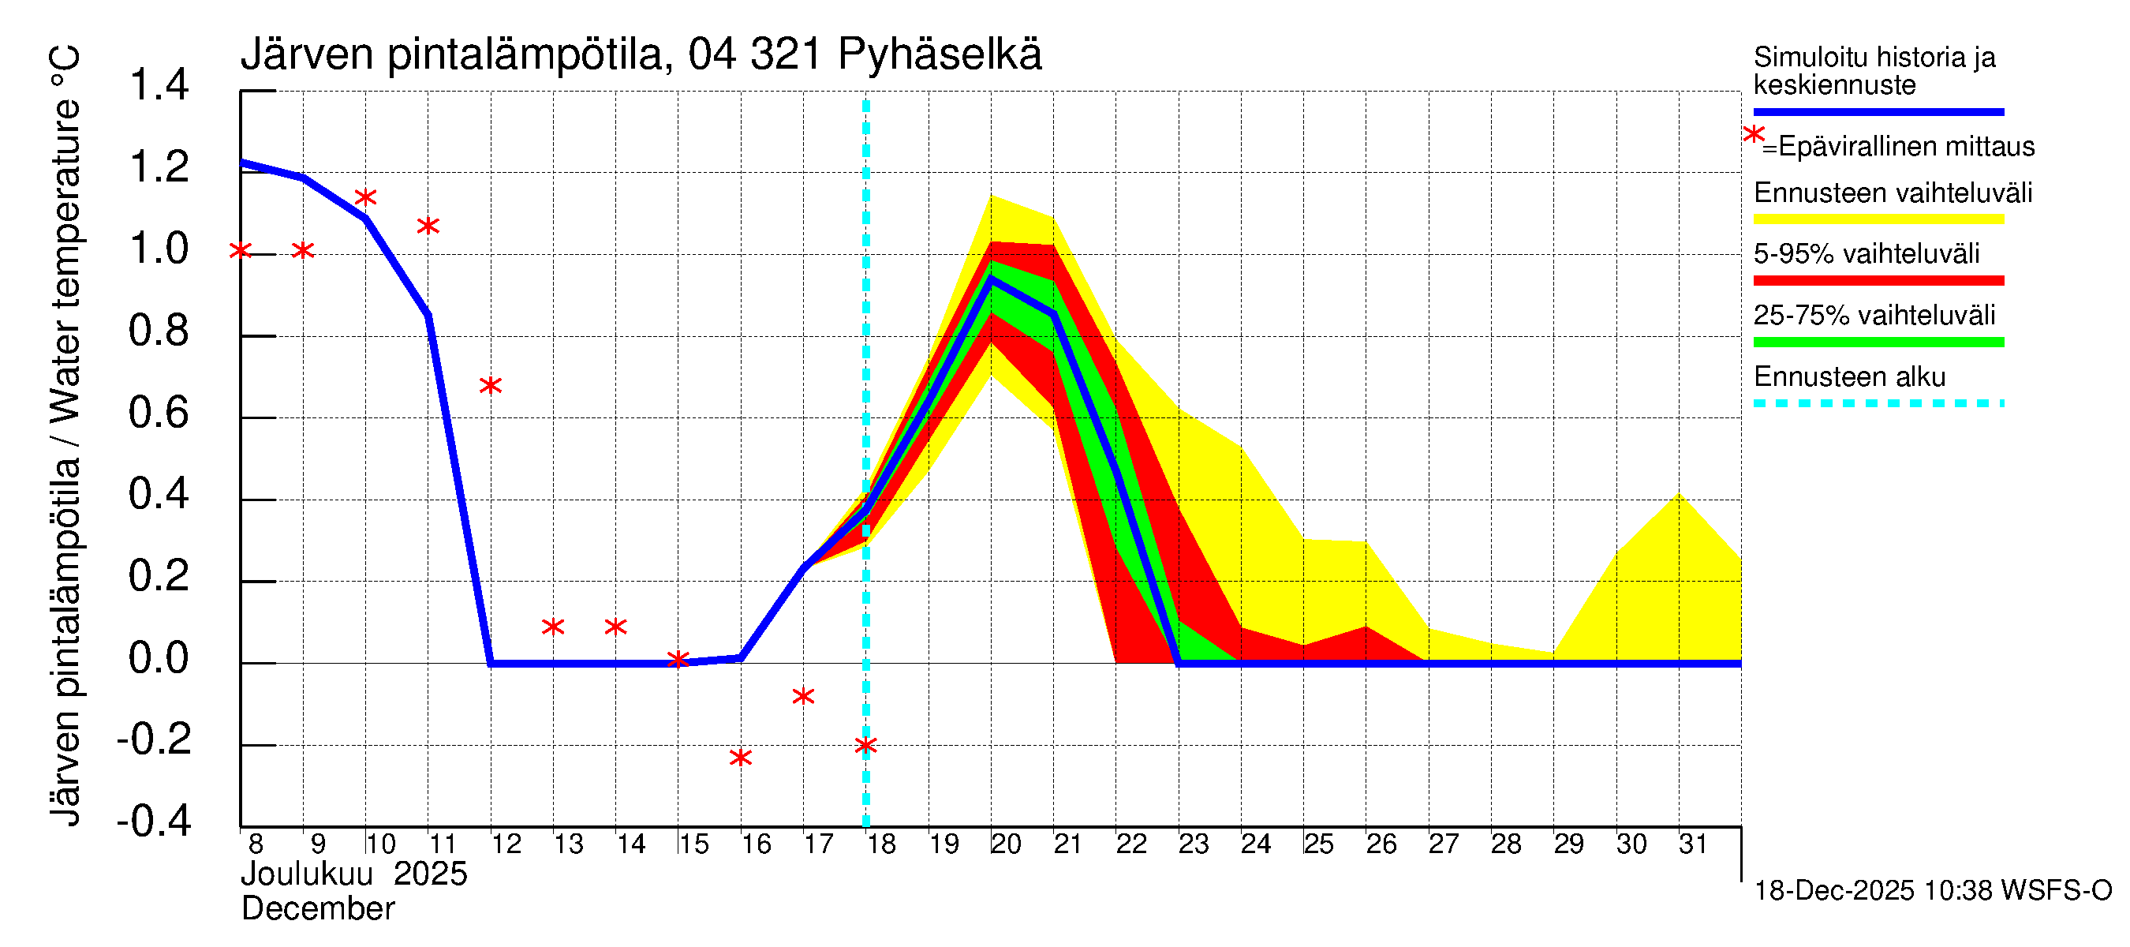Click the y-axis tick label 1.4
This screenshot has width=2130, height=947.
pyautogui.click(x=159, y=85)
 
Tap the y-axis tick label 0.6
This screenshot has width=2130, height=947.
pyautogui.click(x=159, y=413)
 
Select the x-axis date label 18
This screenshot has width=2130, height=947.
pyautogui.click(x=881, y=844)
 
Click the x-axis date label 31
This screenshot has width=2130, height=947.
pyautogui.click(x=1693, y=844)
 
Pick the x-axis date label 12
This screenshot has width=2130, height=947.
pyautogui.click(x=506, y=844)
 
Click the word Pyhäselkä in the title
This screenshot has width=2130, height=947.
pyautogui.click(x=940, y=54)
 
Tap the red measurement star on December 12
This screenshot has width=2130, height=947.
pyautogui.click(x=491, y=385)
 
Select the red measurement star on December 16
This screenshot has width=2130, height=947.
pyautogui.click(x=741, y=758)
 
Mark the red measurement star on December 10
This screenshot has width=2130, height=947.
pyautogui.click(x=365, y=197)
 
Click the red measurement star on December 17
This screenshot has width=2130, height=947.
pyautogui.click(x=803, y=696)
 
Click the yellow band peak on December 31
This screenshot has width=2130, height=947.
pyautogui.click(x=1679, y=495)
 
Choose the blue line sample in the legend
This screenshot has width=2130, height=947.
pyautogui.click(x=1878, y=111)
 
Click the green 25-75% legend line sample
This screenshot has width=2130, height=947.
pyautogui.click(x=1878, y=342)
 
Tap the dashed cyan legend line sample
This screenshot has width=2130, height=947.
pyautogui.click(x=1878, y=403)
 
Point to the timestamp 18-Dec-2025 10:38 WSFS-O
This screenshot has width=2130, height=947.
pyautogui.click(x=1932, y=891)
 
